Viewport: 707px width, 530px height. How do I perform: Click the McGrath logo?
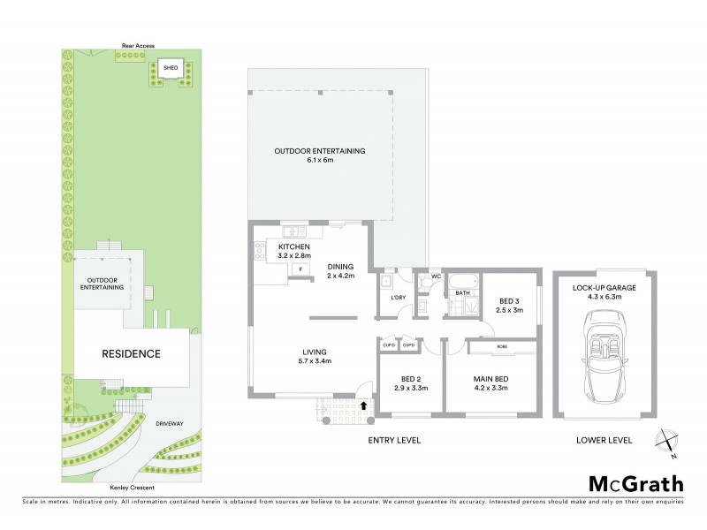[x=635, y=483]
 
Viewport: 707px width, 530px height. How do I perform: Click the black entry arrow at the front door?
[x=365, y=406]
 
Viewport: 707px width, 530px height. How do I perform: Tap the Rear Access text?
[x=139, y=45]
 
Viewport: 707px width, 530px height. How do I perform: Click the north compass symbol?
[x=667, y=443]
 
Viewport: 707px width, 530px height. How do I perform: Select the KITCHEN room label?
[x=294, y=246]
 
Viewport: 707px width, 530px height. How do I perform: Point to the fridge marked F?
[x=300, y=269]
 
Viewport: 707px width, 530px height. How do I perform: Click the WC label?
[x=436, y=276]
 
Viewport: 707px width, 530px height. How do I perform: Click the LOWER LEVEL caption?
[x=604, y=440]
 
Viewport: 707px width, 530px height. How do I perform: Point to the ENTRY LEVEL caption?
[x=393, y=440]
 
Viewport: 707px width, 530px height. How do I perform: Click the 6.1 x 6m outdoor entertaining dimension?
[x=319, y=161]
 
